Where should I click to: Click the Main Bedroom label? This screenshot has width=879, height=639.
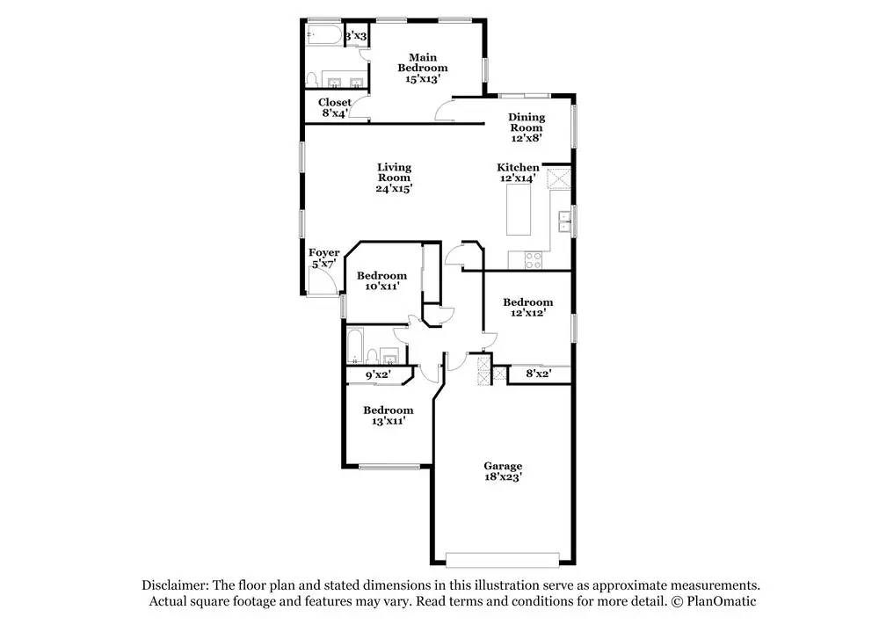click(422, 68)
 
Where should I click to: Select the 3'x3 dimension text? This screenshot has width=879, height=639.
click(354, 36)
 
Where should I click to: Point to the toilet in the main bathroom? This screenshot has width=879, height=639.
click(311, 79)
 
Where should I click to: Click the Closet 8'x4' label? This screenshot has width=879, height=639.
click(334, 107)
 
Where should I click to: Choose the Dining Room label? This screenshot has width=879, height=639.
click(527, 127)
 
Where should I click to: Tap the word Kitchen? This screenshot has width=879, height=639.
click(518, 167)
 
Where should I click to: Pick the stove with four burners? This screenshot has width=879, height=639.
click(533, 258)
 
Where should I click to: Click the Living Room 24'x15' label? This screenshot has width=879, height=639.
click(395, 177)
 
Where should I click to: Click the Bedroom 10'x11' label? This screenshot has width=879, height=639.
click(381, 280)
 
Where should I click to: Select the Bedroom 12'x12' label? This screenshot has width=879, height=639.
click(527, 308)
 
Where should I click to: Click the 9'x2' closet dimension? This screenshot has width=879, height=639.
click(377, 375)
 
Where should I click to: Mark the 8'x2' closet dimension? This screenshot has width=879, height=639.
click(538, 374)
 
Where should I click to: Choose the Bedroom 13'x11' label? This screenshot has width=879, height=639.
click(388, 416)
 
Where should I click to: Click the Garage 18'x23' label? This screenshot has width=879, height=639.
click(503, 471)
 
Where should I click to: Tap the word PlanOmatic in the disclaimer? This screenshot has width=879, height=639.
click(722, 601)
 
